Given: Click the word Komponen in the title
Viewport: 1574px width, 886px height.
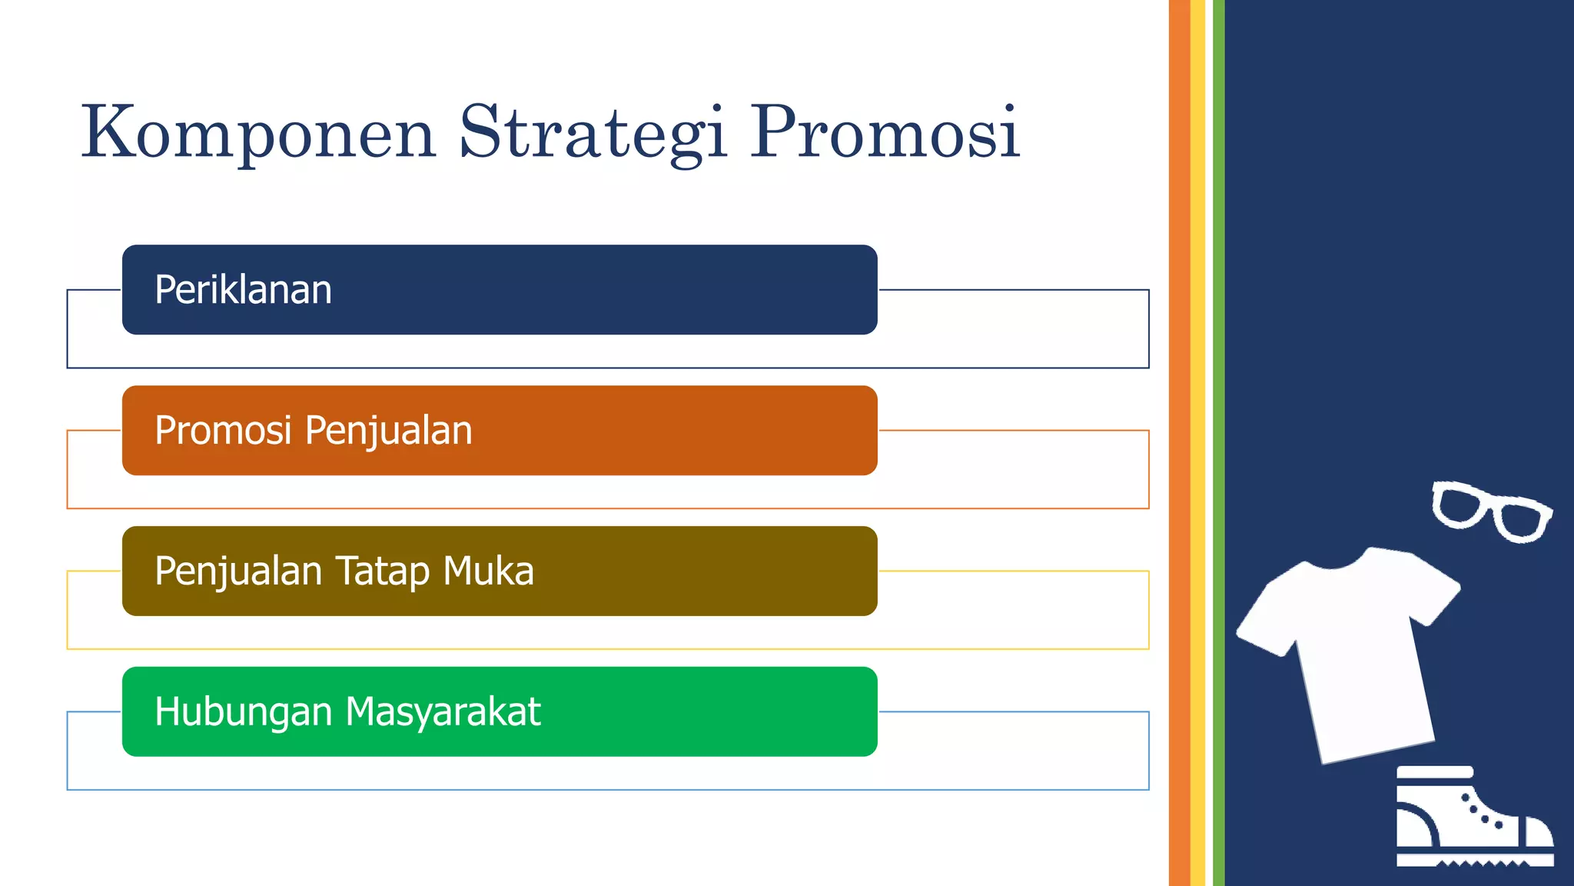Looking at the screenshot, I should (258, 132).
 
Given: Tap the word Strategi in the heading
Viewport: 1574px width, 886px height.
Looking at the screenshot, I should (593, 132).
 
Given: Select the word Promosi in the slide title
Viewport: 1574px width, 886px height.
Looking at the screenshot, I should (885, 132).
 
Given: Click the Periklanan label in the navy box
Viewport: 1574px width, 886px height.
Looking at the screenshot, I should (243, 290).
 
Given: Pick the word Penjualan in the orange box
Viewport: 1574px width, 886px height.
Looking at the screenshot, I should (388, 431).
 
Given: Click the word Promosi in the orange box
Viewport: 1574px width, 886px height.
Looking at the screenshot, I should (223, 431).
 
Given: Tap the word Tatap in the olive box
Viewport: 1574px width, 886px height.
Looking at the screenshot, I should (382, 571).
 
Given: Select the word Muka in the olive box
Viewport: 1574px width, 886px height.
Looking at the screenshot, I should (488, 571).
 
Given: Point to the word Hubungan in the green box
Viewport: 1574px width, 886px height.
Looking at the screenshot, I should (243, 711).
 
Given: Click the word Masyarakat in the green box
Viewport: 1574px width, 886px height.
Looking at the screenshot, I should (443, 711).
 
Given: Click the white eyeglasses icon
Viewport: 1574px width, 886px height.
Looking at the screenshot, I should (1491, 511).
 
